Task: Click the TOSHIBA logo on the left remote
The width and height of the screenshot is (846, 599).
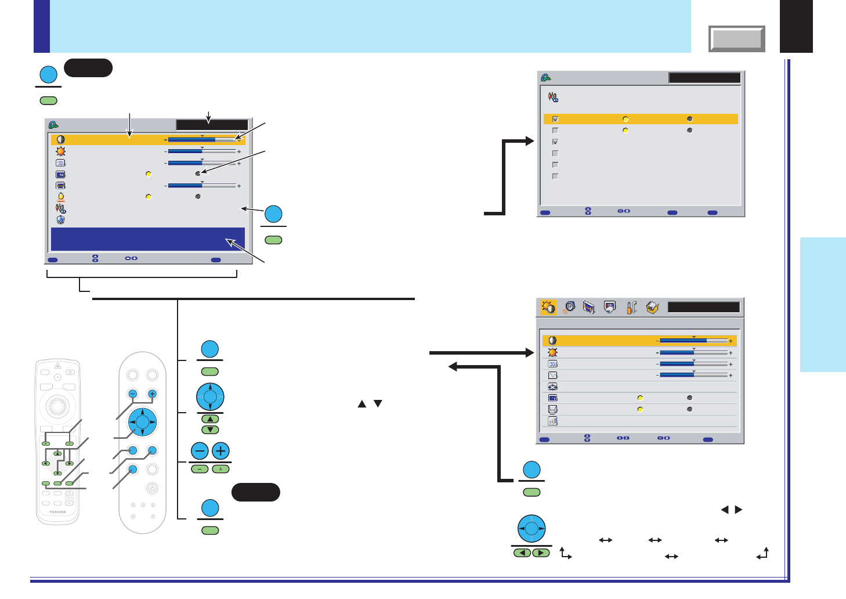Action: [57, 512]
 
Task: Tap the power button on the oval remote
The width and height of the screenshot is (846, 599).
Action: [152, 488]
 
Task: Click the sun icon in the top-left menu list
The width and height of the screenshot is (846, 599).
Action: [60, 151]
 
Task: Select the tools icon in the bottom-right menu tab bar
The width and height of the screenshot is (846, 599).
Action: [631, 308]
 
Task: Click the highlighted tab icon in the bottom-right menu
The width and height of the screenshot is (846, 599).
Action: [548, 307]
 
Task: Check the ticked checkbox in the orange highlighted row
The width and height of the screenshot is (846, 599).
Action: [555, 119]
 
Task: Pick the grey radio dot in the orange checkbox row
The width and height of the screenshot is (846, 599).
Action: [689, 119]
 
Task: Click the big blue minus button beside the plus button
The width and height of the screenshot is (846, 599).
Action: [200, 451]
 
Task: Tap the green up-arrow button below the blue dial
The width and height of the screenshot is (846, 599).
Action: [210, 419]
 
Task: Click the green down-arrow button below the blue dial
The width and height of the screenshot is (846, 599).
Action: [210, 430]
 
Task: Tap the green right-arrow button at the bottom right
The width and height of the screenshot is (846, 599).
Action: [541, 553]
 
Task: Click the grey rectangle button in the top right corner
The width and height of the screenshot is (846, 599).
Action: [736, 39]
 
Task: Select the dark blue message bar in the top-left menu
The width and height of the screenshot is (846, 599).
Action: [148, 239]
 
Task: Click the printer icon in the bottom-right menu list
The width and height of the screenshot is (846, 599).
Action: [552, 409]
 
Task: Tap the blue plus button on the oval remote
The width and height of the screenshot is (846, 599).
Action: [152, 394]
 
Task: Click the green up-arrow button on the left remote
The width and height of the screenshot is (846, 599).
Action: [57, 453]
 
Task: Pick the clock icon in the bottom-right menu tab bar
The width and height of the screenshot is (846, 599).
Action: [570, 306]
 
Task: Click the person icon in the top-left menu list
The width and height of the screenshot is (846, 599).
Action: [60, 197]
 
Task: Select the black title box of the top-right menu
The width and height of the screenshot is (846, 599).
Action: [704, 78]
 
